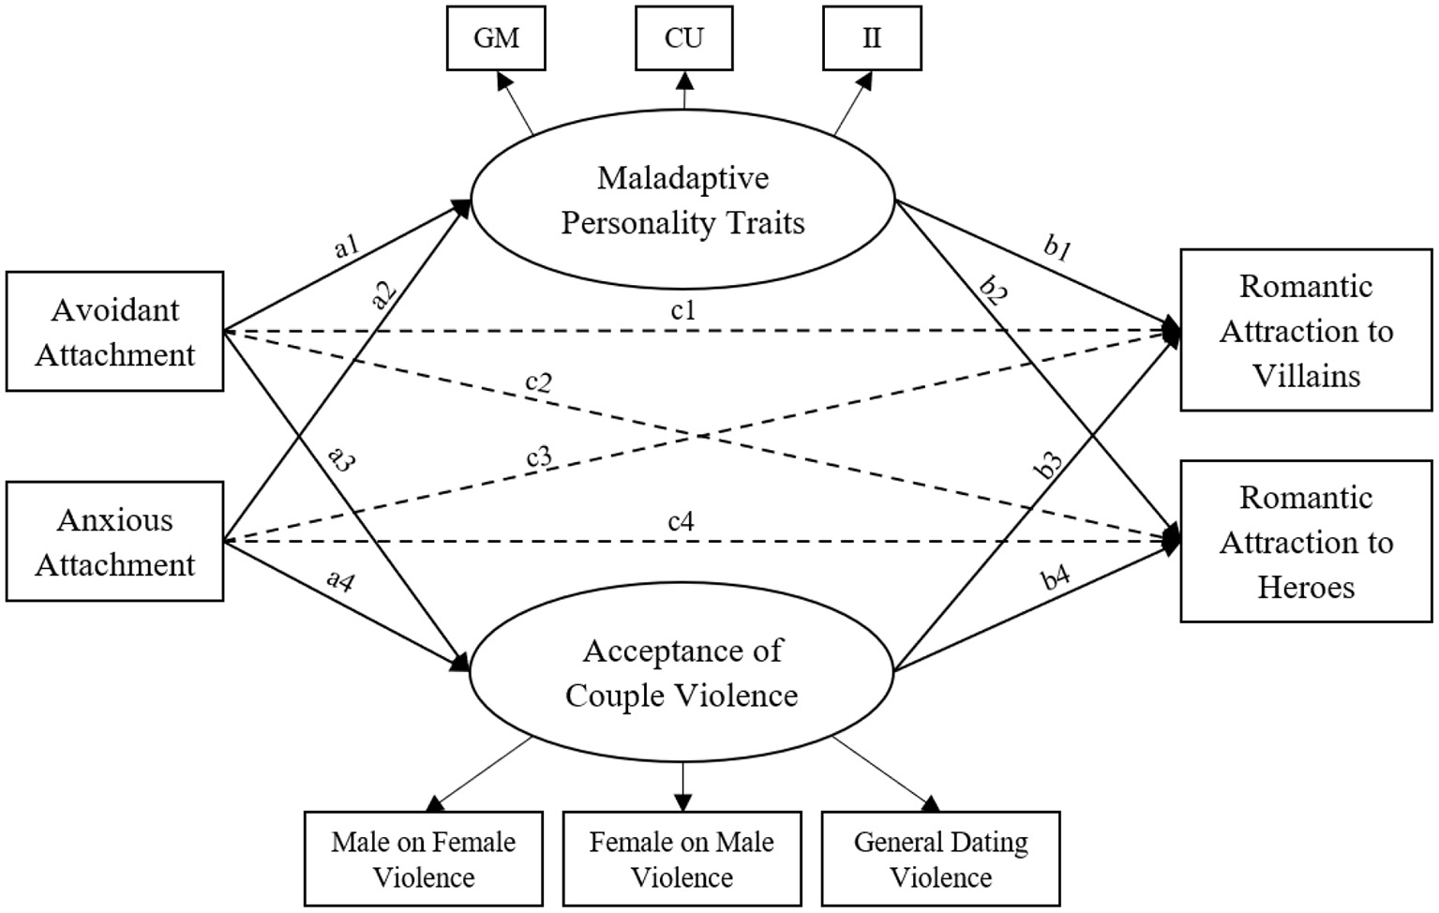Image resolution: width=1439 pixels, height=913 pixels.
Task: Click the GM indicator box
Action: pyautogui.click(x=496, y=38)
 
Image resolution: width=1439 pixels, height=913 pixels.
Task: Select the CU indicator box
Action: pyautogui.click(x=683, y=38)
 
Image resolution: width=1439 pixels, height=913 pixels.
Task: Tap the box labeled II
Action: pyautogui.click(x=871, y=38)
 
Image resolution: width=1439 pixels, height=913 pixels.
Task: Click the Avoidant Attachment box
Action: pyautogui.click(x=114, y=331)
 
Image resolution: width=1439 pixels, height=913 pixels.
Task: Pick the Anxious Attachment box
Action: pyautogui.click(x=114, y=541)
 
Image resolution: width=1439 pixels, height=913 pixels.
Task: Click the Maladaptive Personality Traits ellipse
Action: pyautogui.click(x=682, y=201)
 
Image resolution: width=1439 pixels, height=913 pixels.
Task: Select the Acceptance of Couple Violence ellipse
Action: pyautogui.click(x=682, y=672)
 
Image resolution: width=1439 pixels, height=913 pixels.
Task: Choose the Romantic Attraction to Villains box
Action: pyautogui.click(x=1306, y=330)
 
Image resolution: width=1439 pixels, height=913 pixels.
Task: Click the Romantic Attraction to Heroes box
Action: pyautogui.click(x=1306, y=541)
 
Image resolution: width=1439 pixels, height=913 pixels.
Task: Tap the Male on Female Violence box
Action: pyautogui.click(x=424, y=859)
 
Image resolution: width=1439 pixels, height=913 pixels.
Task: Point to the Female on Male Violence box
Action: pyautogui.click(x=682, y=859)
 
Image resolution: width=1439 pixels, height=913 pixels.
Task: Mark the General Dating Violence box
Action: pyautogui.click(x=940, y=859)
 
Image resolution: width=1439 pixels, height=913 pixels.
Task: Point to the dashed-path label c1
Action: pyautogui.click(x=683, y=310)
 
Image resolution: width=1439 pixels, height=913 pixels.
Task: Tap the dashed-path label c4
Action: pyautogui.click(x=681, y=521)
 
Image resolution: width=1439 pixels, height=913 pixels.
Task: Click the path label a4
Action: pyautogui.click(x=340, y=580)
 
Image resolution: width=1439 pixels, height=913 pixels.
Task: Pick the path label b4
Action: pyautogui.click(x=1056, y=578)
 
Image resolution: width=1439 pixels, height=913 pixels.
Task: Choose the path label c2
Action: pyautogui.click(x=538, y=382)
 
